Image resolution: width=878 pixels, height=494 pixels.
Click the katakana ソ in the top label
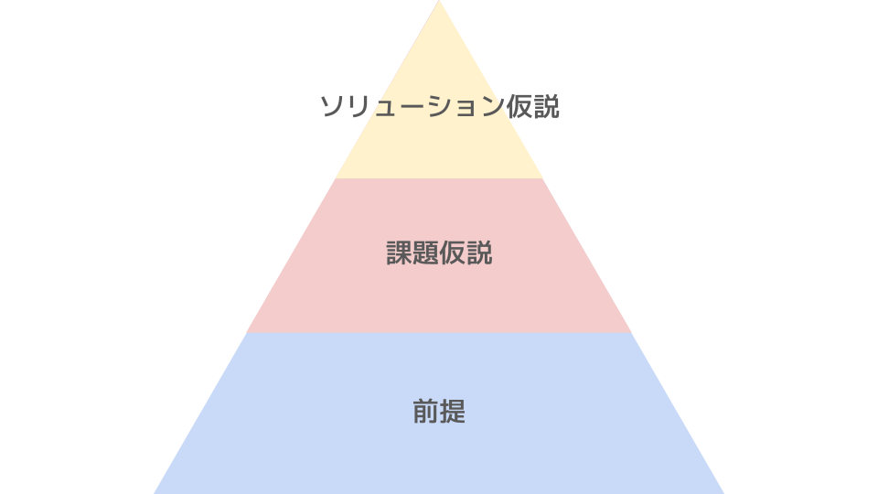coord(331,107)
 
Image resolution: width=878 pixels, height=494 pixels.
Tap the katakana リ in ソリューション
coord(358,107)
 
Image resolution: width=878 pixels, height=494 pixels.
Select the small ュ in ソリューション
coord(384,110)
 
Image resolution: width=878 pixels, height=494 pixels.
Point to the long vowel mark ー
coord(411,107)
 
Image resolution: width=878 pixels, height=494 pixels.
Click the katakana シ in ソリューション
coord(437,107)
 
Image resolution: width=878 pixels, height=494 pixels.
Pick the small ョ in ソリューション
coord(464,110)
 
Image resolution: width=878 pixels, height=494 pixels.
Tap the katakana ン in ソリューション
coord(490,107)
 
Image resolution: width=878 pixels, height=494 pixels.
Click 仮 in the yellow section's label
coord(518,107)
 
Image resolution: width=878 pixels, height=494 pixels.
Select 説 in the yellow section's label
coord(546,107)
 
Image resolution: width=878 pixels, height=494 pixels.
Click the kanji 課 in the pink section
coord(400,253)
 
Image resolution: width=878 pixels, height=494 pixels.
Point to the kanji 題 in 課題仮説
coord(426,253)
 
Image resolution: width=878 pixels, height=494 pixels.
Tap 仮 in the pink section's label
coord(453,253)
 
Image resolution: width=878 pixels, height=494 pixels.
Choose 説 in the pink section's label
coord(479,253)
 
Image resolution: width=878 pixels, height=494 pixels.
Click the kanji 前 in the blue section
coord(425,412)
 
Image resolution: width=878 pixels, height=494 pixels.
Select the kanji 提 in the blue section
coord(453,412)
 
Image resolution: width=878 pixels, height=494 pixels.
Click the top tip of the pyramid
coord(439,3)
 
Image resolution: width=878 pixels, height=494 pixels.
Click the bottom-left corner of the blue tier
coord(155,492)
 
